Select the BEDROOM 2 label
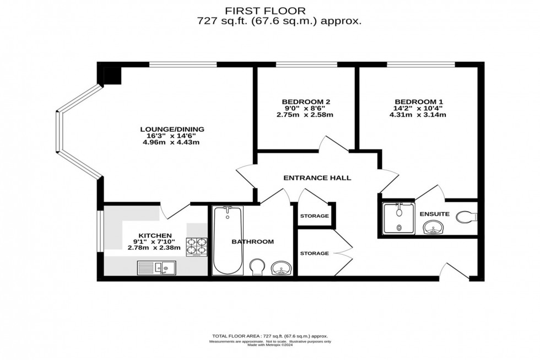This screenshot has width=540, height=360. click(x=306, y=101)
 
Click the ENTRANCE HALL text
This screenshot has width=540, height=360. click(x=317, y=178)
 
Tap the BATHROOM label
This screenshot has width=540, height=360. click(x=252, y=241)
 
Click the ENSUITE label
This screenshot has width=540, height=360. click(x=435, y=214)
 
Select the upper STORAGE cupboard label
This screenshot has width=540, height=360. click(x=314, y=216)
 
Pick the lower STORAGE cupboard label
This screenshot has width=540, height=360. click(x=314, y=254)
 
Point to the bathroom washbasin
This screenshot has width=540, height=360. click(x=282, y=267)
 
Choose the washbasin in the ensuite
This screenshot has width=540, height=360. click(x=434, y=227)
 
